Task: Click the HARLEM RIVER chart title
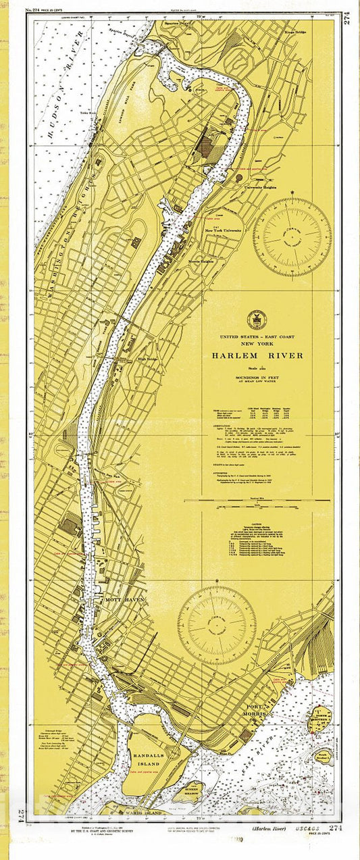(257, 355)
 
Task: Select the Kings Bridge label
(296, 31)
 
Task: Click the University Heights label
(261, 187)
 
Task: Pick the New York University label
(223, 230)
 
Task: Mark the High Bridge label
(147, 359)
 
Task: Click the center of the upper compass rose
(292, 230)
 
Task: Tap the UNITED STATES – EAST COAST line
(257, 336)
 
